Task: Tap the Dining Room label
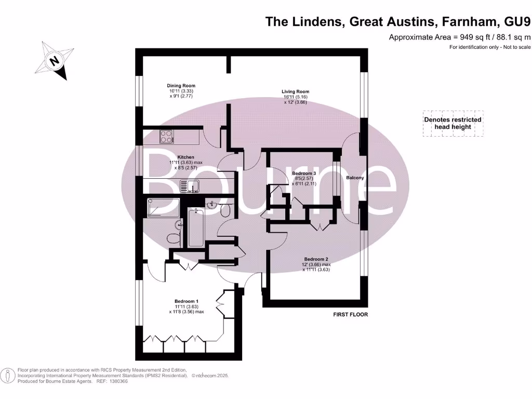[x=181, y=86]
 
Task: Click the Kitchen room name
[x=186, y=157]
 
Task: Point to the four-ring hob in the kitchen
[x=166, y=136]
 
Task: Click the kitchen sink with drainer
[x=190, y=185]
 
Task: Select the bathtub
[x=196, y=227]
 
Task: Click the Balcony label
[x=355, y=178]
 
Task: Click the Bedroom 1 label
[x=186, y=301]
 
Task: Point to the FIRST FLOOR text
[x=351, y=314]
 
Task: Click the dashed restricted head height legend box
[x=453, y=123]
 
